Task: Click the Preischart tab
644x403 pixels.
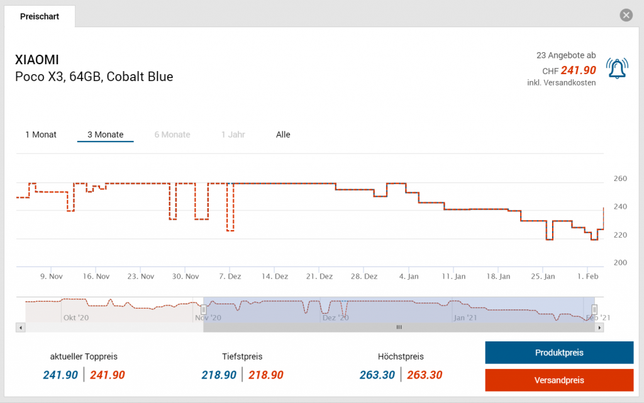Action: [x=40, y=17]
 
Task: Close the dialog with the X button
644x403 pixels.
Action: [x=626, y=16]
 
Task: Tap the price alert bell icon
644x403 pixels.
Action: [x=617, y=67]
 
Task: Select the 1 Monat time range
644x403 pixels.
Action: [x=41, y=135]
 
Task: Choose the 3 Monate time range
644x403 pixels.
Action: [x=105, y=135]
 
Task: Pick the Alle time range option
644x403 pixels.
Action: [x=283, y=135]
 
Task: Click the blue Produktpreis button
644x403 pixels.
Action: [x=559, y=353]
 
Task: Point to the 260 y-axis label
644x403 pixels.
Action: [x=620, y=179]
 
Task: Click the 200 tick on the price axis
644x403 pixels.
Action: [x=620, y=262]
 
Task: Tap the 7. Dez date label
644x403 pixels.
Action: [x=230, y=276]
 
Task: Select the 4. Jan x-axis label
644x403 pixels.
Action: [x=409, y=276]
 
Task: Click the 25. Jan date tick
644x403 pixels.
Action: [x=543, y=276]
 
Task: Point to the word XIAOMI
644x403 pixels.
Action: [x=37, y=60]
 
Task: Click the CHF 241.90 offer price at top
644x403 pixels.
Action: [x=578, y=70]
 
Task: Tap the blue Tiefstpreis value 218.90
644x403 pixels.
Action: [x=219, y=375]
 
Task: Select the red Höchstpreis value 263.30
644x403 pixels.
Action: [x=425, y=375]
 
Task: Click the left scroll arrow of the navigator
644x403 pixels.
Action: [x=20, y=328]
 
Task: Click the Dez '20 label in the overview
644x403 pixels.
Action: [x=335, y=318]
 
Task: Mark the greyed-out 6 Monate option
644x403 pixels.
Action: [x=172, y=135]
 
